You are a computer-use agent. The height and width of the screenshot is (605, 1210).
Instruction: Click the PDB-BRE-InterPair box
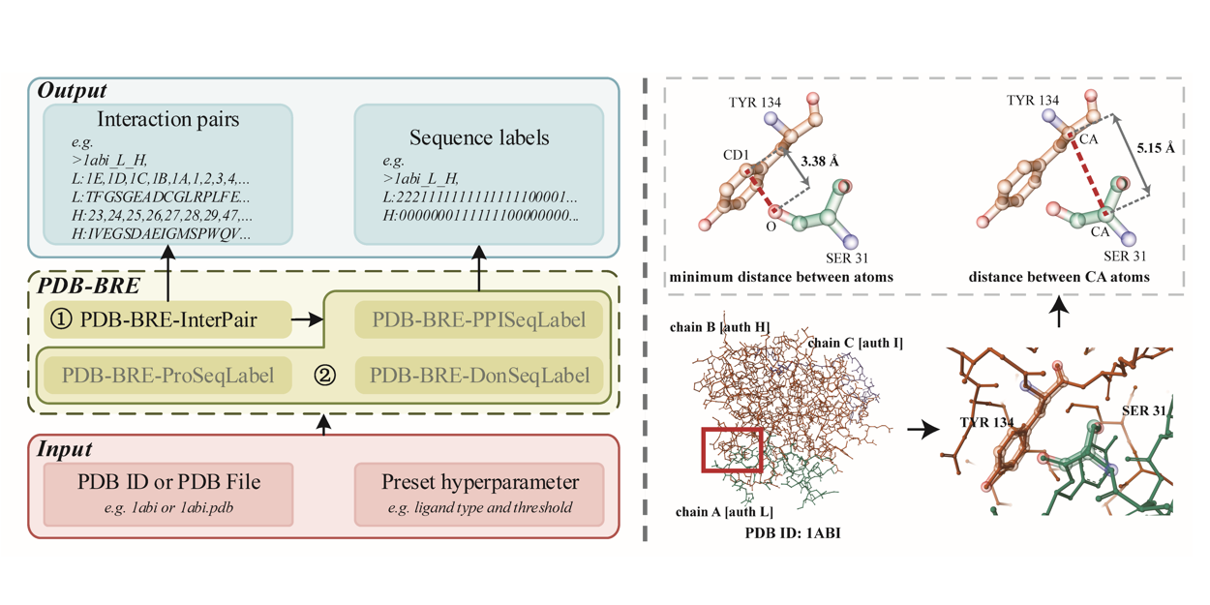(167, 318)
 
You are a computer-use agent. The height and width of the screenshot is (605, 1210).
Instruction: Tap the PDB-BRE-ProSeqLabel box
(167, 374)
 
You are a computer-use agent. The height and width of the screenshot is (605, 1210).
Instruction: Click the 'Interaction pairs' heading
(167, 121)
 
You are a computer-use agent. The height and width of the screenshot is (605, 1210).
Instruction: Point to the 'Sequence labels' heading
(479, 137)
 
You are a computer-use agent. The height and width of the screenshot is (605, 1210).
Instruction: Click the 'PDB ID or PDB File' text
(167, 480)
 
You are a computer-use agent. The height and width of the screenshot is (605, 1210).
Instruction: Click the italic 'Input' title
(64, 449)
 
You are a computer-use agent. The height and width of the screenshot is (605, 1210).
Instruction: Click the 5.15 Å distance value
(1157, 148)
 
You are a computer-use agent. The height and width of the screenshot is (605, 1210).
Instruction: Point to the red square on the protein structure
(733, 450)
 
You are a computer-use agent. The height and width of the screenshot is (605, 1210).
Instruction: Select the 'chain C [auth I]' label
(855, 343)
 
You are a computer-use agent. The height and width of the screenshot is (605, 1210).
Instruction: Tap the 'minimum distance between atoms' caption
(781, 278)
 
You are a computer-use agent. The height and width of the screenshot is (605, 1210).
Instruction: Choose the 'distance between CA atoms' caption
(1059, 278)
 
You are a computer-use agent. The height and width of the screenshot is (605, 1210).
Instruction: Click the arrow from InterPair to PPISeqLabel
(305, 318)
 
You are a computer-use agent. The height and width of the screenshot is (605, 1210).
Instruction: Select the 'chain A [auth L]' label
(723, 512)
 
